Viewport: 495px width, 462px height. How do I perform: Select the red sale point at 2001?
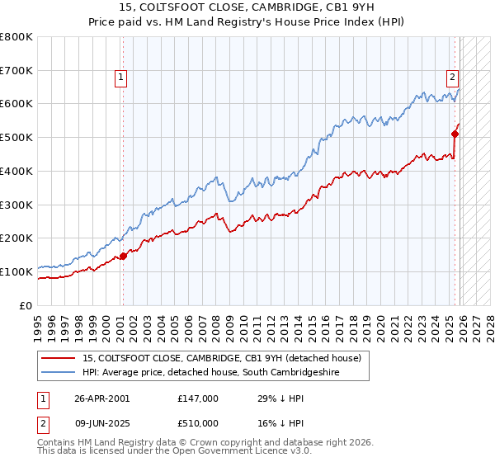pos(123,256)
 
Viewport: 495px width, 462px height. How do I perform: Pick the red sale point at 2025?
pos(455,133)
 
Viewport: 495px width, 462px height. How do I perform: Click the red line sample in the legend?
pos(59,359)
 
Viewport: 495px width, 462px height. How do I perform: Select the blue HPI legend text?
pos(211,373)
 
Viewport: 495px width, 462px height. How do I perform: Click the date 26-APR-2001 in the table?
pos(101,398)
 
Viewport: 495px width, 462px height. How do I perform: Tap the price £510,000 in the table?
pos(197,422)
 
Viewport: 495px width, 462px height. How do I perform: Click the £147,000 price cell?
pos(197,398)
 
